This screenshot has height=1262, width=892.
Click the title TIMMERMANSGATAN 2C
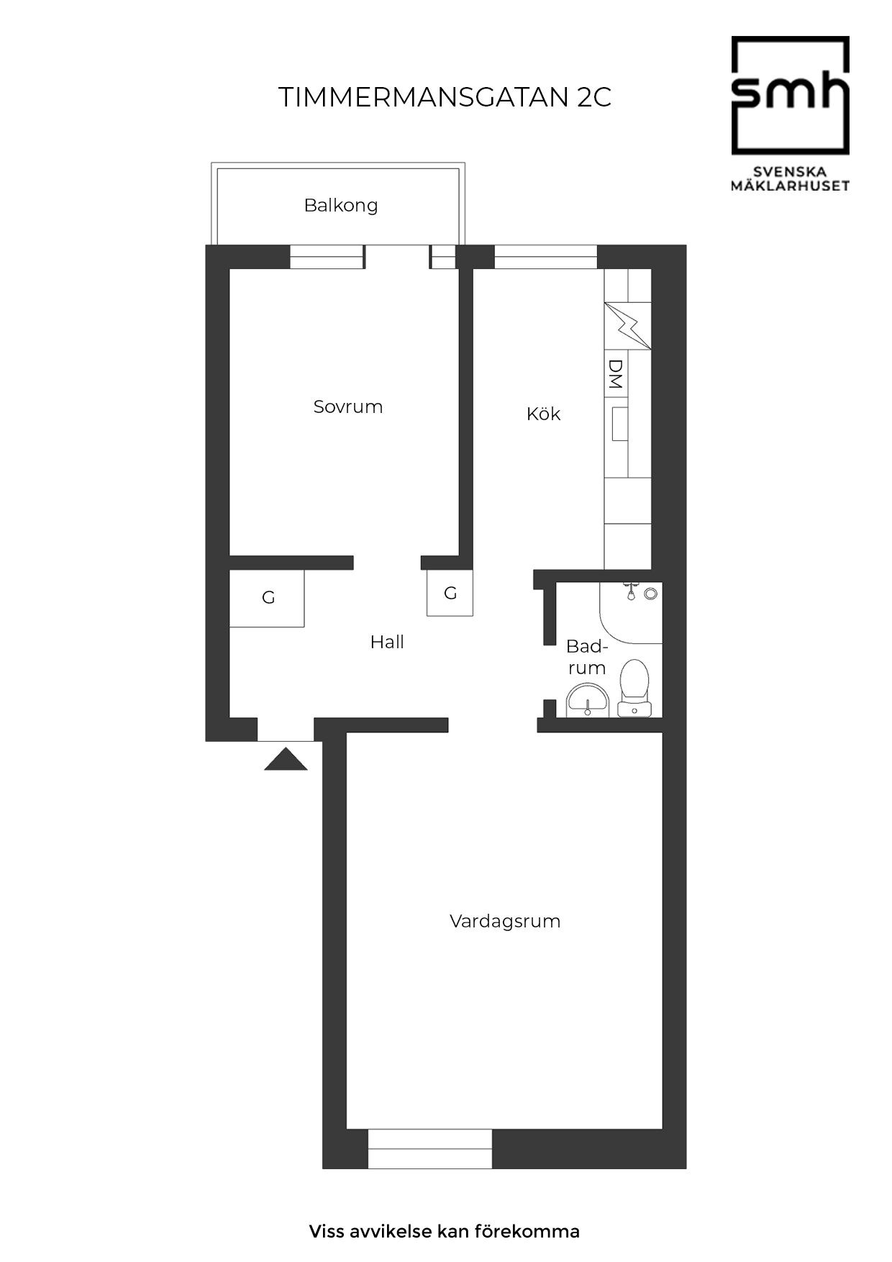pos(445,97)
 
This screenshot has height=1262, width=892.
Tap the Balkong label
pos(340,206)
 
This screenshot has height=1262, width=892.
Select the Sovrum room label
pos(348,407)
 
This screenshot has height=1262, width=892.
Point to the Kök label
pos(543,414)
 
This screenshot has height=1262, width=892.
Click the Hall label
pos(387,642)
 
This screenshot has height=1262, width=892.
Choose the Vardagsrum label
pos(505,922)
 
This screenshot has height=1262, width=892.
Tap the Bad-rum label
pos(587,657)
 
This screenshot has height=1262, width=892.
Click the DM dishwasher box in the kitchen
pos(616,374)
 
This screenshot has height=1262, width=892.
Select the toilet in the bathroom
pos(634,688)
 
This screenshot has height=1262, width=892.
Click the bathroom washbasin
pos(588,701)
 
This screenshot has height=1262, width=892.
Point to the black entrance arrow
pos(286,759)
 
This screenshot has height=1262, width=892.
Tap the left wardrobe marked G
pos(267,599)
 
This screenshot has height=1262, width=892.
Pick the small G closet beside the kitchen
pos(450,593)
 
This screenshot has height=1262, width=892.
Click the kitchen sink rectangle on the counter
pos(619,424)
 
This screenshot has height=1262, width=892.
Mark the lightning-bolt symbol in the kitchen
pos(627,326)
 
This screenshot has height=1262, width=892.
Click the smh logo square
pos(791,96)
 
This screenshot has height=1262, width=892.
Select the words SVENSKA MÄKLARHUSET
pos(791,179)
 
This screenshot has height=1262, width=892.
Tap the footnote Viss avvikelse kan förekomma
pos(445,1231)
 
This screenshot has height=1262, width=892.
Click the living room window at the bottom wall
pos(430,1148)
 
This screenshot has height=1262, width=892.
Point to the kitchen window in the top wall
pos(546,257)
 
